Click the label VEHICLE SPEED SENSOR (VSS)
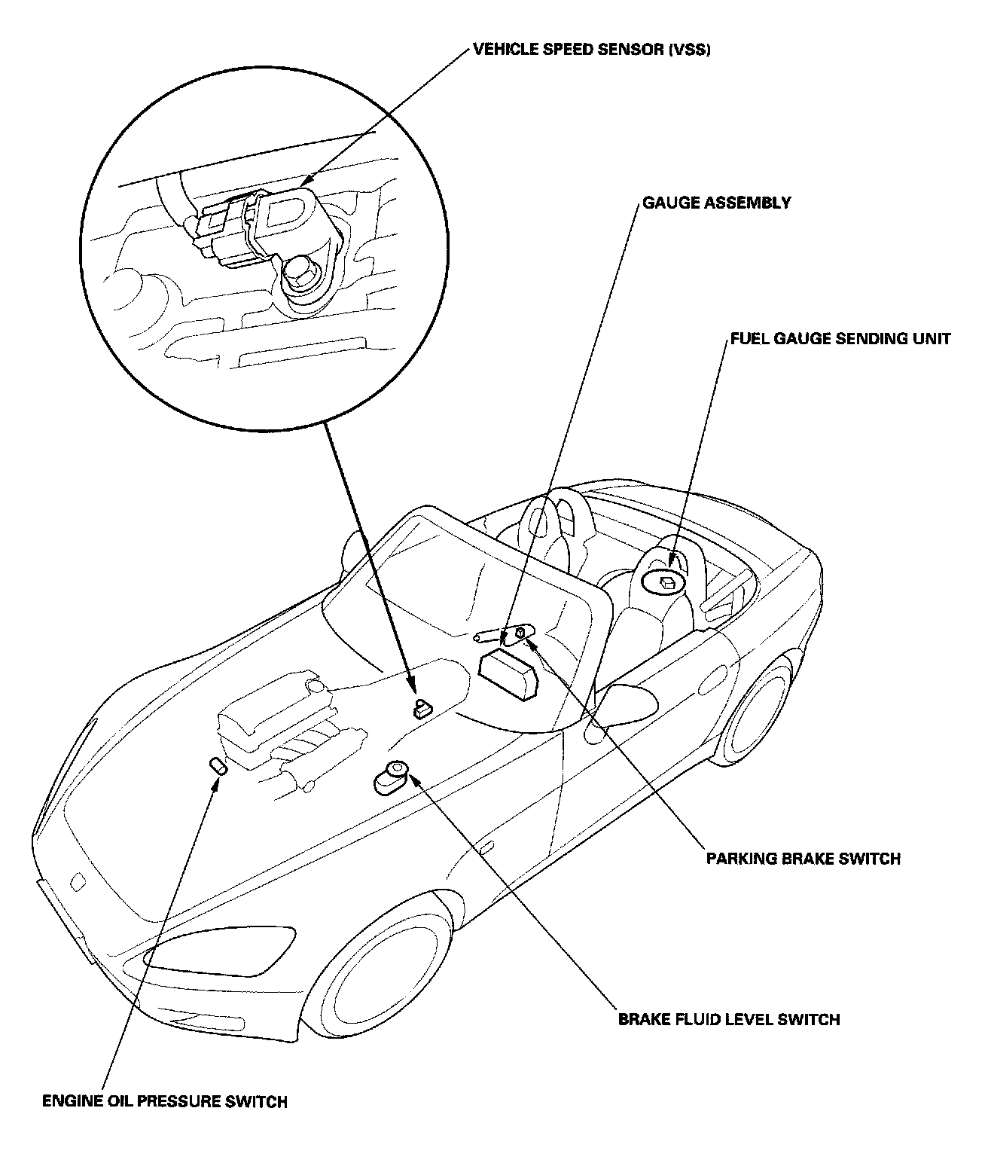(x=591, y=51)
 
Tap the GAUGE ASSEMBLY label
(x=716, y=203)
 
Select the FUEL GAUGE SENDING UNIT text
(x=840, y=338)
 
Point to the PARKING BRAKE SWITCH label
(x=803, y=858)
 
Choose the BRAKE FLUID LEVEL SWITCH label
(x=729, y=1020)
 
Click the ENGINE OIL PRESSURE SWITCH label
(x=165, y=1102)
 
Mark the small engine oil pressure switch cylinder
(x=218, y=768)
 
